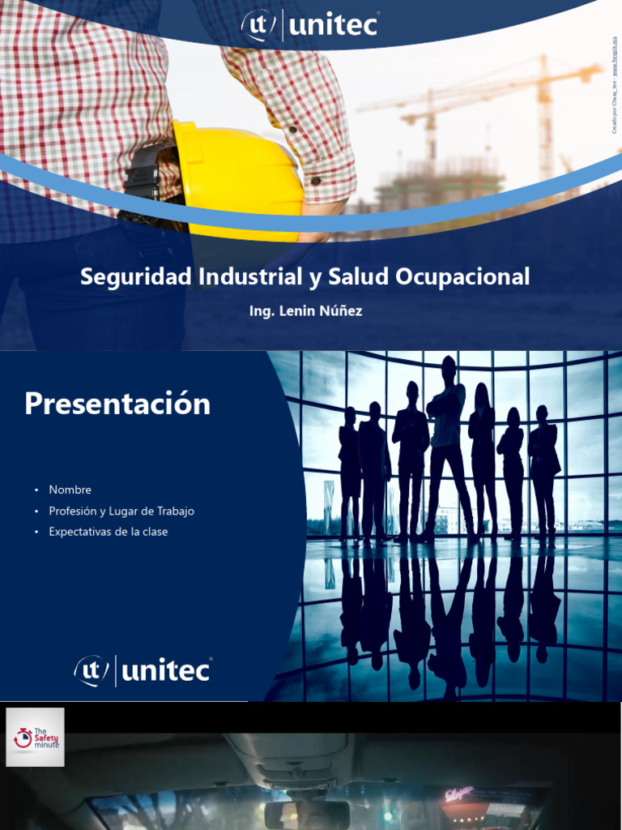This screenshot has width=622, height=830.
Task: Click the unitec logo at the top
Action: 310,24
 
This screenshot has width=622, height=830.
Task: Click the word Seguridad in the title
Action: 136,277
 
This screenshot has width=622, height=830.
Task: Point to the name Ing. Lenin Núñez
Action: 306,311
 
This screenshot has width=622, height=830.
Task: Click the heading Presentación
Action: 117,404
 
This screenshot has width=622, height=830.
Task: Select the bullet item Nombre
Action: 70,490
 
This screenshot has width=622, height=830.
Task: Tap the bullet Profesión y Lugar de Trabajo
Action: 121,511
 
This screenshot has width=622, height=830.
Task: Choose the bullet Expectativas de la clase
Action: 108,532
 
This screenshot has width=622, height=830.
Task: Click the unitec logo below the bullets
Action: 143,670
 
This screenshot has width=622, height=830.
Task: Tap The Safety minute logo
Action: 35,737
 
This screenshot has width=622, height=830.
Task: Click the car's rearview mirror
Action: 307,814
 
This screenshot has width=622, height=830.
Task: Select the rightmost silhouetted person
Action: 543,470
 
